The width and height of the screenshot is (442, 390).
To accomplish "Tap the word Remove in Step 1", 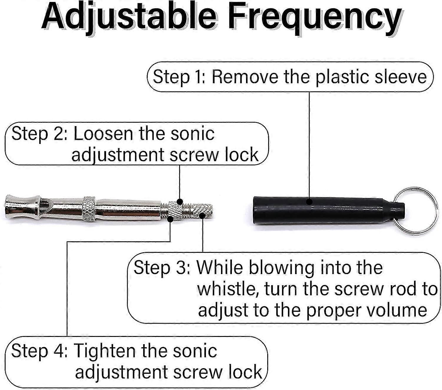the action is (x=245, y=77).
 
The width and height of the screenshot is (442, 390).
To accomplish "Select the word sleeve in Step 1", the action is (x=400, y=77).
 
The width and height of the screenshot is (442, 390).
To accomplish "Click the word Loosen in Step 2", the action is (x=103, y=134).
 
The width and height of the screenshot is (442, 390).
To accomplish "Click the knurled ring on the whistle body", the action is (x=89, y=209).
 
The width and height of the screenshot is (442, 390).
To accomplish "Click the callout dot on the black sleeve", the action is (x=309, y=201).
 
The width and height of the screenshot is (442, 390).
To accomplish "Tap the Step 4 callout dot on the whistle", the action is (x=170, y=219).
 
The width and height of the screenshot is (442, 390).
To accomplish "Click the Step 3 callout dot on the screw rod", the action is (x=202, y=216).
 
